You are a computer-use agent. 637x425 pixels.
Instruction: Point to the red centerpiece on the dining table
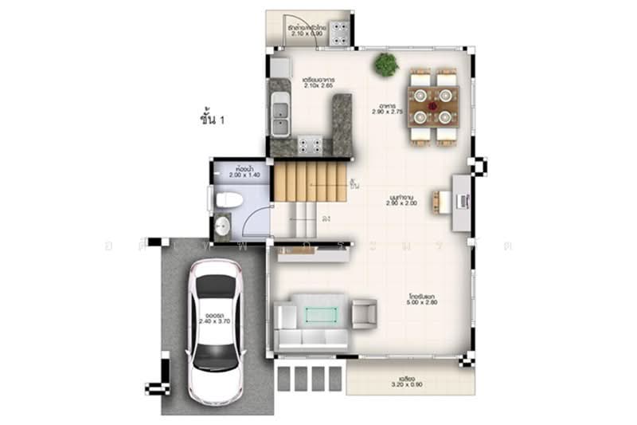point(433,104)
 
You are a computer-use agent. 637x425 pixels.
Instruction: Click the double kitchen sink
point(279,116)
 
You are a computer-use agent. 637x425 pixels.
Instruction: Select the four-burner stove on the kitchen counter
point(310,145)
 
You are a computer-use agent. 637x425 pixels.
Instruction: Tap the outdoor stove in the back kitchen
point(342,31)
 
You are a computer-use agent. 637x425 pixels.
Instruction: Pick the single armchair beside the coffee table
point(364,313)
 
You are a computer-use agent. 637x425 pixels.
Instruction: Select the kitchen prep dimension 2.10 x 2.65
point(318,85)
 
